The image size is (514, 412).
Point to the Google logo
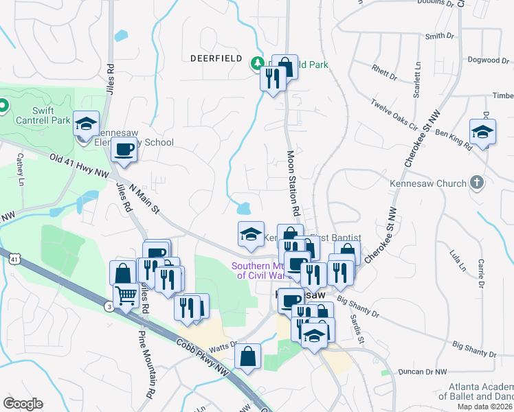(x=23, y=404)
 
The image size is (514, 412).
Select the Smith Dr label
(x=440, y=36)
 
